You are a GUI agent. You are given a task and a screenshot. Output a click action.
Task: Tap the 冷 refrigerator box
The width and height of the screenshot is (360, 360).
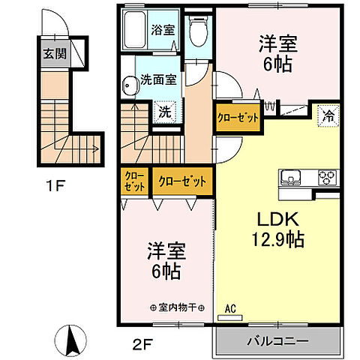click(328, 116)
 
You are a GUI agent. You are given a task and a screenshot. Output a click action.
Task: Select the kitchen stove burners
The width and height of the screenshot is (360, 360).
click(327, 178)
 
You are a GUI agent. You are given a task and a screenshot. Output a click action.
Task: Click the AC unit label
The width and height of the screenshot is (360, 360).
click(229, 308)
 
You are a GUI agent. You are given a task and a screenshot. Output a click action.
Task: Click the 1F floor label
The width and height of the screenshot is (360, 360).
click(54, 182)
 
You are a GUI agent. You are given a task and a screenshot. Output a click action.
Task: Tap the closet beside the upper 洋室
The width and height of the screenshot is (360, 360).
click(238, 118)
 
